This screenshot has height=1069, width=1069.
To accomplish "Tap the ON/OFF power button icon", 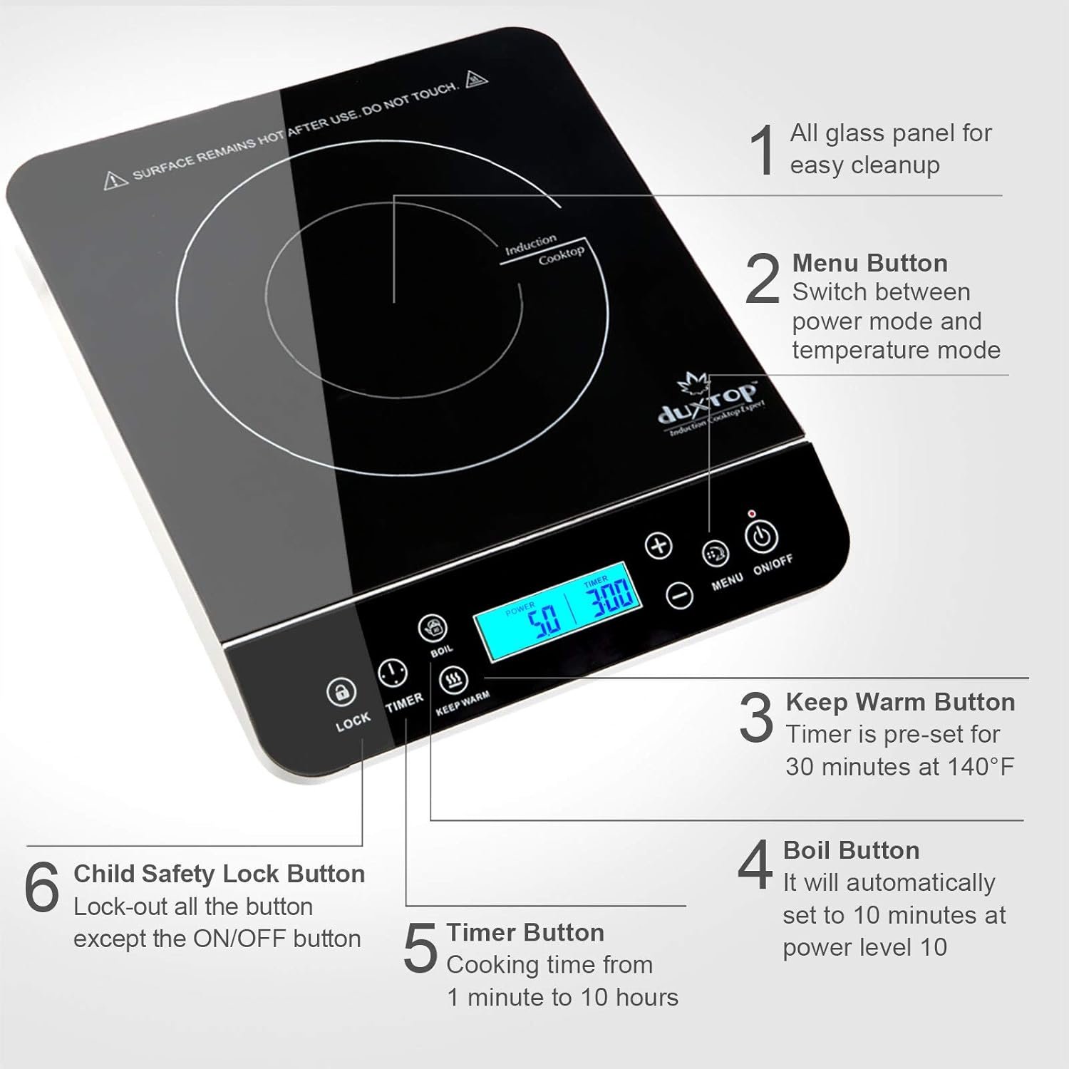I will pyautogui.click(x=761, y=537).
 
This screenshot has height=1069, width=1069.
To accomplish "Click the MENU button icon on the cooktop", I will pyautogui.click(x=716, y=553).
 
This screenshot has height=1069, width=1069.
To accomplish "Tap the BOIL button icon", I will pyautogui.click(x=432, y=628).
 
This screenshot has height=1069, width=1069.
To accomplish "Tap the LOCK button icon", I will pyautogui.click(x=341, y=692).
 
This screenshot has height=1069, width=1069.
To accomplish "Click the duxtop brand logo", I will pyautogui.click(x=709, y=406).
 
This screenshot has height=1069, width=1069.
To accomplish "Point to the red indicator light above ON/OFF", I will pyautogui.click(x=751, y=514).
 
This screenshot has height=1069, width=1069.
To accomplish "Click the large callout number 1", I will pyautogui.click(x=763, y=150).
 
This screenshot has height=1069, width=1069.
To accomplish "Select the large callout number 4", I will pyautogui.click(x=755, y=864).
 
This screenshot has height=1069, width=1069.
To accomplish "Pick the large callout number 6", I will pyautogui.click(x=42, y=887).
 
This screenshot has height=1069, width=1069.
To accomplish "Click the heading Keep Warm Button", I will pyautogui.click(x=900, y=702).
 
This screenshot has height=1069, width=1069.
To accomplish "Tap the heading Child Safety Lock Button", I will pyautogui.click(x=219, y=874).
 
